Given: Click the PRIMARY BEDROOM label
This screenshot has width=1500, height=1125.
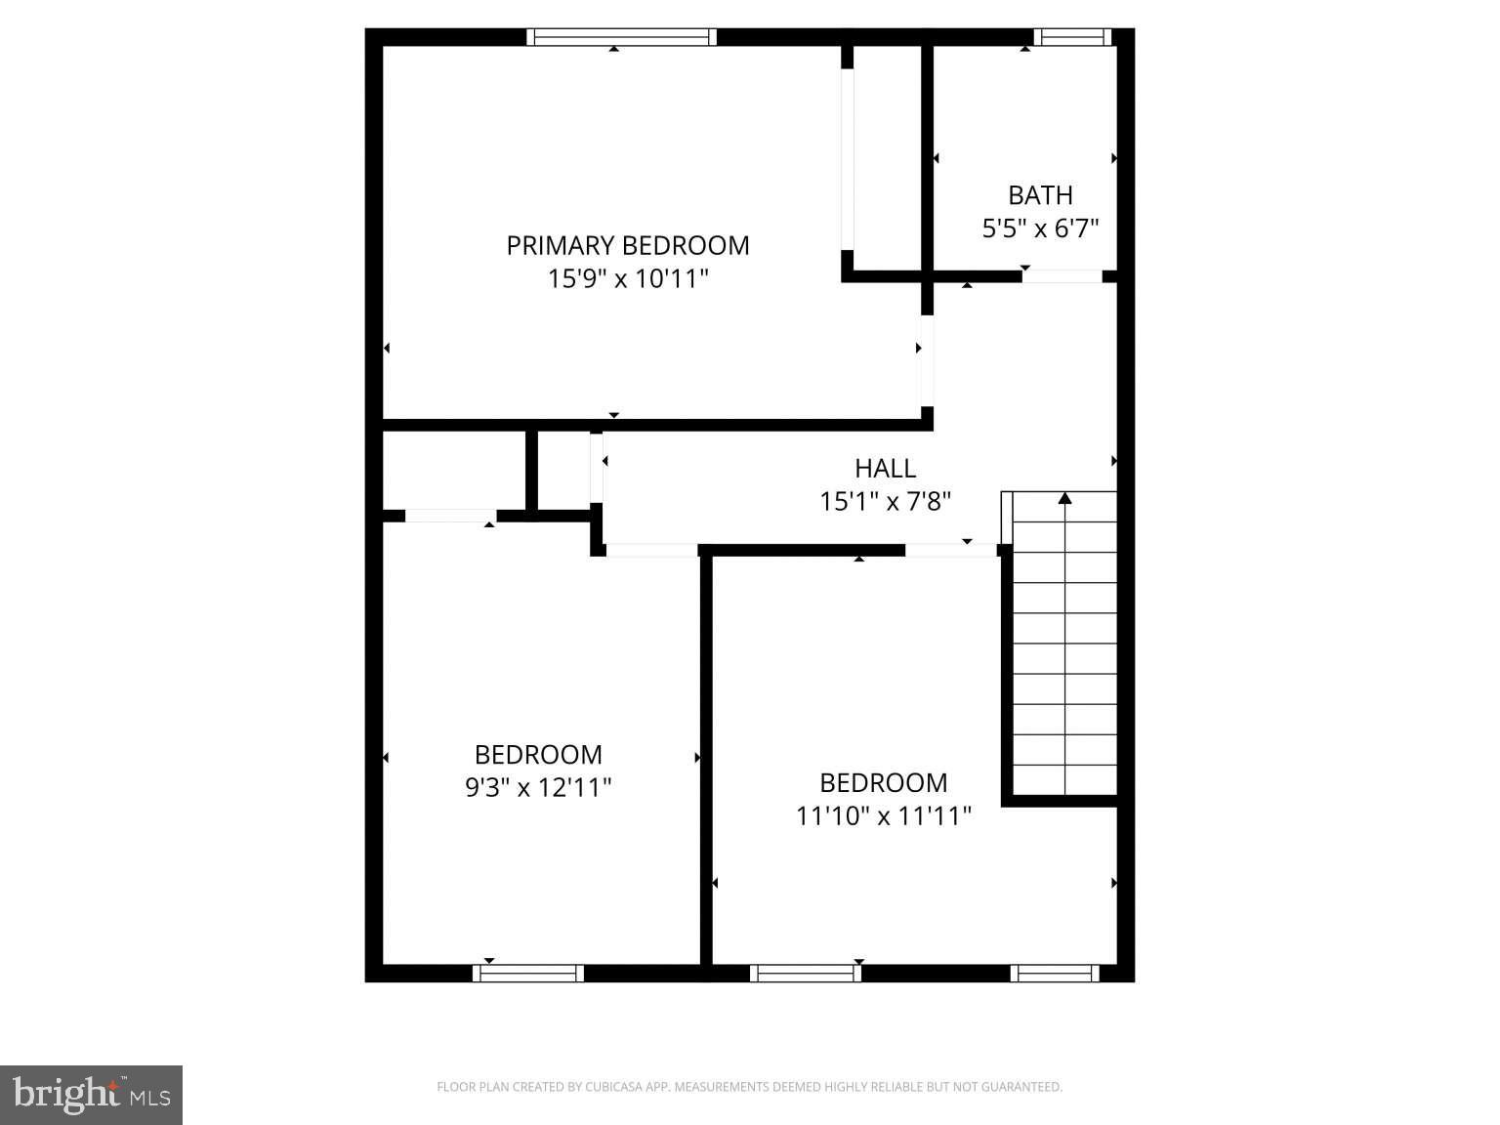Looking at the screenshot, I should click(x=628, y=245).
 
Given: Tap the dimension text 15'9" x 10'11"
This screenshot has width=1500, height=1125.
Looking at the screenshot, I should click(x=628, y=279).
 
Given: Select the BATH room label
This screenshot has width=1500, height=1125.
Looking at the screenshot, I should click(x=1040, y=195).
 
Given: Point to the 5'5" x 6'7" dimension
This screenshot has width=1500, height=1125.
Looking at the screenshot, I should click(x=1040, y=229).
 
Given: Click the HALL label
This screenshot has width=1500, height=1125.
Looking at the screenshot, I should click(x=886, y=468).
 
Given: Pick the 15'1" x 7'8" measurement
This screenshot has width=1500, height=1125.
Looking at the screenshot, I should click(x=886, y=502).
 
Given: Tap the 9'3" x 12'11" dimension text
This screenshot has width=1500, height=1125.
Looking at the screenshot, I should click(x=538, y=787).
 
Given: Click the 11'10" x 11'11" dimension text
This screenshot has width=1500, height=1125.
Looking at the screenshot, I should click(x=884, y=815).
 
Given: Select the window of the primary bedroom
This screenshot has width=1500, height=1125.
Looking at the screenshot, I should click(x=622, y=37).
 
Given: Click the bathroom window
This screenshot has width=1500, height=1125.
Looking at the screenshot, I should click(x=1072, y=37).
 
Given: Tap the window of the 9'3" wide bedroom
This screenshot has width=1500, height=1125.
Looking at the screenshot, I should click(x=528, y=973).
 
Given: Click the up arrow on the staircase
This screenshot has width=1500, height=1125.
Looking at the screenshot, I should click(x=1065, y=499).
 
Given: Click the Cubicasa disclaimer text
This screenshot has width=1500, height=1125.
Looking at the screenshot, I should click(x=749, y=1087).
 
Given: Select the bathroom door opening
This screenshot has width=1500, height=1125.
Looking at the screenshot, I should click(x=1062, y=276).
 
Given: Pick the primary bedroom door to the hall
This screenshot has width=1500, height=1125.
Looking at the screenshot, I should click(x=926, y=360).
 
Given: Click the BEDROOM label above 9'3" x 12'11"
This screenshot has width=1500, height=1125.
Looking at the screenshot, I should click(x=538, y=755).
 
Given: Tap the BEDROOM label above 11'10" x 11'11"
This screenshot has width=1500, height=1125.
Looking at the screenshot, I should click(x=884, y=783).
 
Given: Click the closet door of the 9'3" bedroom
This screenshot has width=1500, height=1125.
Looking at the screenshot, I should click(x=450, y=516).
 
